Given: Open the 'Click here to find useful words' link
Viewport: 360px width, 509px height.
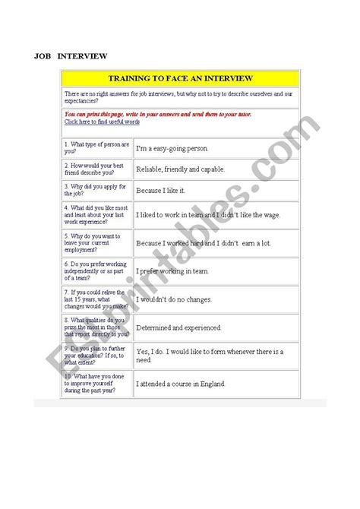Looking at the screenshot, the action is [102, 122].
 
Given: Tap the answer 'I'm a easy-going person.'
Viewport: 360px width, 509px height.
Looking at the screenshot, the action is [172, 148].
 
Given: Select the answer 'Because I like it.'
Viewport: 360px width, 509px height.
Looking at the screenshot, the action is [160, 190].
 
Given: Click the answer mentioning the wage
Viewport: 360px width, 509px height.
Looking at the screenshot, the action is [207, 215].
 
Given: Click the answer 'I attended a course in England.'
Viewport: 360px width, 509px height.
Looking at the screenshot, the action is [181, 384].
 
